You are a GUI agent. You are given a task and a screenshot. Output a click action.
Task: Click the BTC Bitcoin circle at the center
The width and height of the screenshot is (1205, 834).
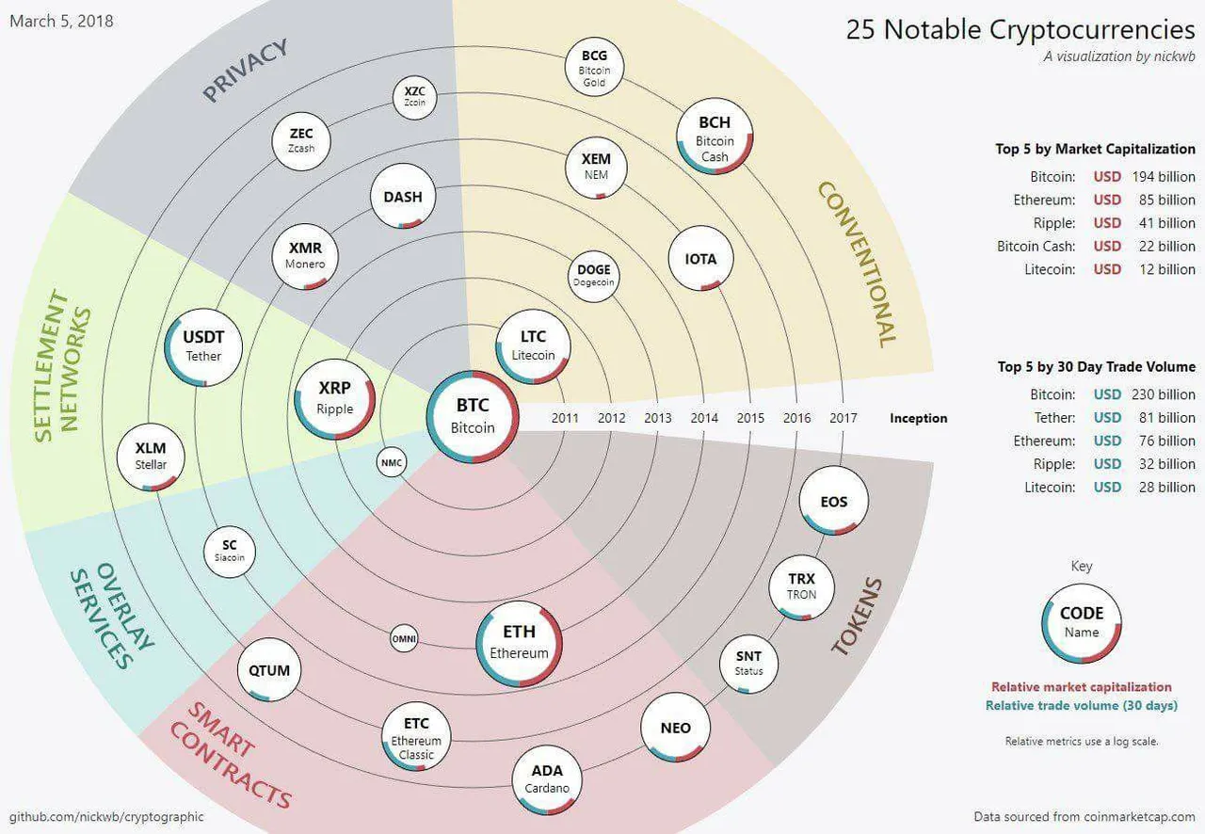473,416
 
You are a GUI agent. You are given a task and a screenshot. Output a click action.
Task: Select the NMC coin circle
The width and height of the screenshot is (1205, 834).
392,463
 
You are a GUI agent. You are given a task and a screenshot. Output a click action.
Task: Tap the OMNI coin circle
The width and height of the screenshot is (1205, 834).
404,639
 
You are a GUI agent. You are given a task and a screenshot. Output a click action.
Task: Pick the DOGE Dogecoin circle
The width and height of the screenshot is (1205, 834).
594,277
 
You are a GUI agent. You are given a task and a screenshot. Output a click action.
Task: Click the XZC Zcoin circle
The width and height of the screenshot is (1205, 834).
415,97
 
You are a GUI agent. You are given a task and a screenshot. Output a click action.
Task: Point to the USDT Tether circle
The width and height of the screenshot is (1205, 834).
203,347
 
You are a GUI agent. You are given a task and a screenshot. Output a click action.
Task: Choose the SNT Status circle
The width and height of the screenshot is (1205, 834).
748,664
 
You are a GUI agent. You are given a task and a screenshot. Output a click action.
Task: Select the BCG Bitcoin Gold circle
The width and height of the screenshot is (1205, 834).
594,67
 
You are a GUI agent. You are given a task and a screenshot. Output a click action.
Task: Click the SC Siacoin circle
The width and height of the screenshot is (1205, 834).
230,552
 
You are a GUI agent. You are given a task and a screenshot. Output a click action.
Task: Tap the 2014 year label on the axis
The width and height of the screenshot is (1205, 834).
704,418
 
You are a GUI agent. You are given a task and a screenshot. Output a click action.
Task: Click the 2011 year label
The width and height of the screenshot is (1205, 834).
565,418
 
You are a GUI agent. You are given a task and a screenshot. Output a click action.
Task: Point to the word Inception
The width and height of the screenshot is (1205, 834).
918,418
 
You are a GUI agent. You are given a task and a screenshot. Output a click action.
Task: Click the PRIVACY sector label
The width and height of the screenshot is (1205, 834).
246,70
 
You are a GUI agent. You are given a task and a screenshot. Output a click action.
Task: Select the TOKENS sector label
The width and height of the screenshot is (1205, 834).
857,617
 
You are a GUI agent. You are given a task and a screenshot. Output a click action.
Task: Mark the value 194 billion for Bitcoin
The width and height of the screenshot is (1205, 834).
1164,176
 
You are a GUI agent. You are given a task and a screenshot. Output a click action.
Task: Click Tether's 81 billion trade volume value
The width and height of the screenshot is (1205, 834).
1166,418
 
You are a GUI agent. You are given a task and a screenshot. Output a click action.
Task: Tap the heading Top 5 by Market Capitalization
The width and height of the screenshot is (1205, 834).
1095,149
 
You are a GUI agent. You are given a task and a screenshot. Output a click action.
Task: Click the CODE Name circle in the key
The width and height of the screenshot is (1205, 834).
1082,623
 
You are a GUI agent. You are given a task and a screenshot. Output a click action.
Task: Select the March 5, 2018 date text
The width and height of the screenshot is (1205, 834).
61,21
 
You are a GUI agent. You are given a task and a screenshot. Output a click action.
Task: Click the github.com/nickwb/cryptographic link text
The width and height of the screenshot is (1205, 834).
106,816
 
